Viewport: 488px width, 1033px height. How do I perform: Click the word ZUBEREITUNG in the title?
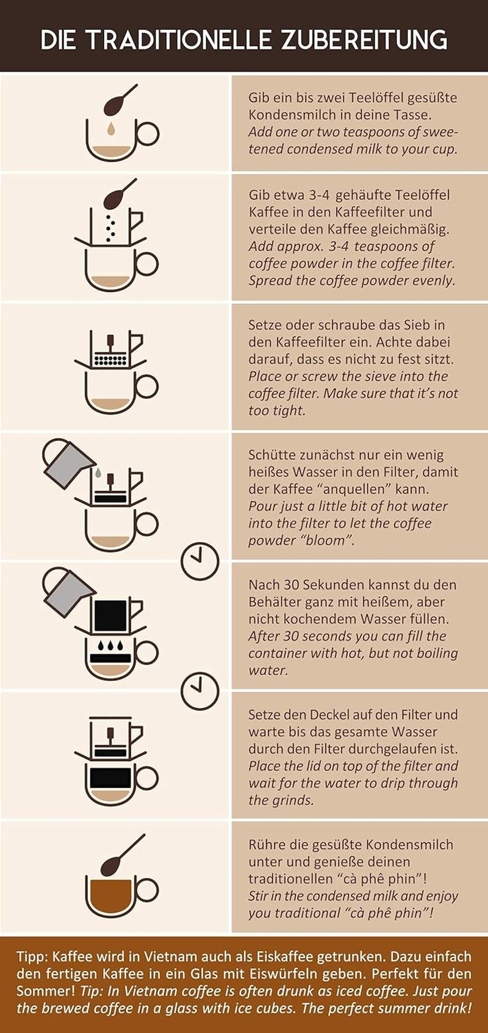click(x=364, y=40)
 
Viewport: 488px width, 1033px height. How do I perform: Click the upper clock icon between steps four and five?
click(x=200, y=560)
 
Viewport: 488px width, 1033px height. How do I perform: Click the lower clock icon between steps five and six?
click(x=200, y=690)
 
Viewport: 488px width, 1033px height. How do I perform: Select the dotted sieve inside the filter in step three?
click(x=110, y=360)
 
